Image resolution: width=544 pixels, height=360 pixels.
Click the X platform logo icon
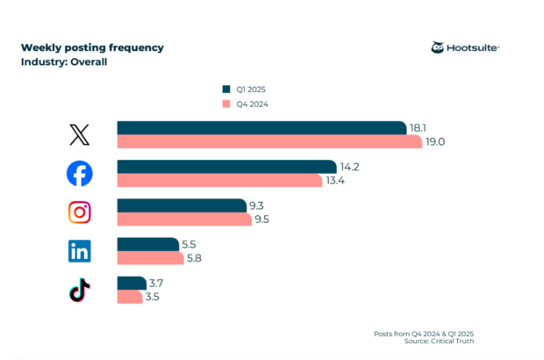(x=79, y=134)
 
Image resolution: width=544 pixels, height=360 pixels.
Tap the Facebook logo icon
(x=79, y=174)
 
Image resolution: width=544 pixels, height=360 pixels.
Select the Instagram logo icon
(x=79, y=212)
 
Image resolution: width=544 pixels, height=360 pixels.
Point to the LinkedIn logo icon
(x=79, y=251)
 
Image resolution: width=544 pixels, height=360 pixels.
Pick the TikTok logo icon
(x=79, y=290)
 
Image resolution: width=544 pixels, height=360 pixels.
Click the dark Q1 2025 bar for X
(x=261, y=128)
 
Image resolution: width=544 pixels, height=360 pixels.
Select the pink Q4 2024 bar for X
(x=268, y=141)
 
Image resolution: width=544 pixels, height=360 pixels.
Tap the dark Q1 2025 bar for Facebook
(x=226, y=167)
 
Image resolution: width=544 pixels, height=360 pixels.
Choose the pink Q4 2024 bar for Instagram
(x=184, y=219)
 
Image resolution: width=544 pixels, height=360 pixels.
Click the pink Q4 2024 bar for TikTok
(x=130, y=297)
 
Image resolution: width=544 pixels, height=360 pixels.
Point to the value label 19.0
(x=436, y=141)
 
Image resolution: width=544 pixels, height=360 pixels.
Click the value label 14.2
(x=349, y=167)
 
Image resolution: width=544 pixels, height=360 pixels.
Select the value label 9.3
(x=257, y=205)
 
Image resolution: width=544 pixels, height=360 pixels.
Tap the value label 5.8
(x=195, y=258)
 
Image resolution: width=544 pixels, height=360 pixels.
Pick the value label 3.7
(x=158, y=283)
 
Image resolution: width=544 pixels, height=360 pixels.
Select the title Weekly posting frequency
(x=92, y=47)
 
